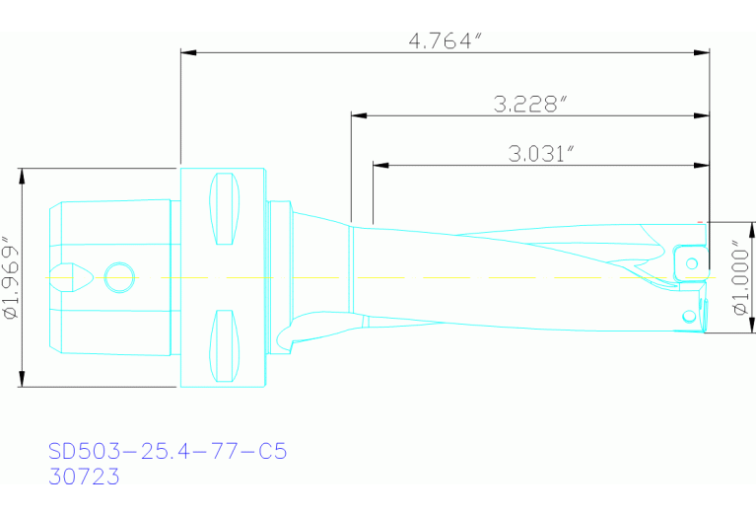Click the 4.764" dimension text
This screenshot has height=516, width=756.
click(x=444, y=40)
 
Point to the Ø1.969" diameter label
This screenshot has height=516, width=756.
click(x=12, y=277)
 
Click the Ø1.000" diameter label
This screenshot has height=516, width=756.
click(x=739, y=277)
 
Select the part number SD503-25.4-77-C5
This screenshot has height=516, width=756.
click(x=168, y=452)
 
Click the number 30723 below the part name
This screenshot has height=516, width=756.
click(x=84, y=477)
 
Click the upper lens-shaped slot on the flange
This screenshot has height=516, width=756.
click(x=225, y=207)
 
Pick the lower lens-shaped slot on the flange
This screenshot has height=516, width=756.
click(x=225, y=345)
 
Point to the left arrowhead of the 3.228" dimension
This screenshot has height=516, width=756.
click(x=358, y=115)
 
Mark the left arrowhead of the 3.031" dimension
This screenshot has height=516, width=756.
click(x=379, y=164)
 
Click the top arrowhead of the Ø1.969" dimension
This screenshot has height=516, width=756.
click(x=22, y=175)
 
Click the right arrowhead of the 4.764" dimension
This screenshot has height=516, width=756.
click(x=703, y=51)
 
